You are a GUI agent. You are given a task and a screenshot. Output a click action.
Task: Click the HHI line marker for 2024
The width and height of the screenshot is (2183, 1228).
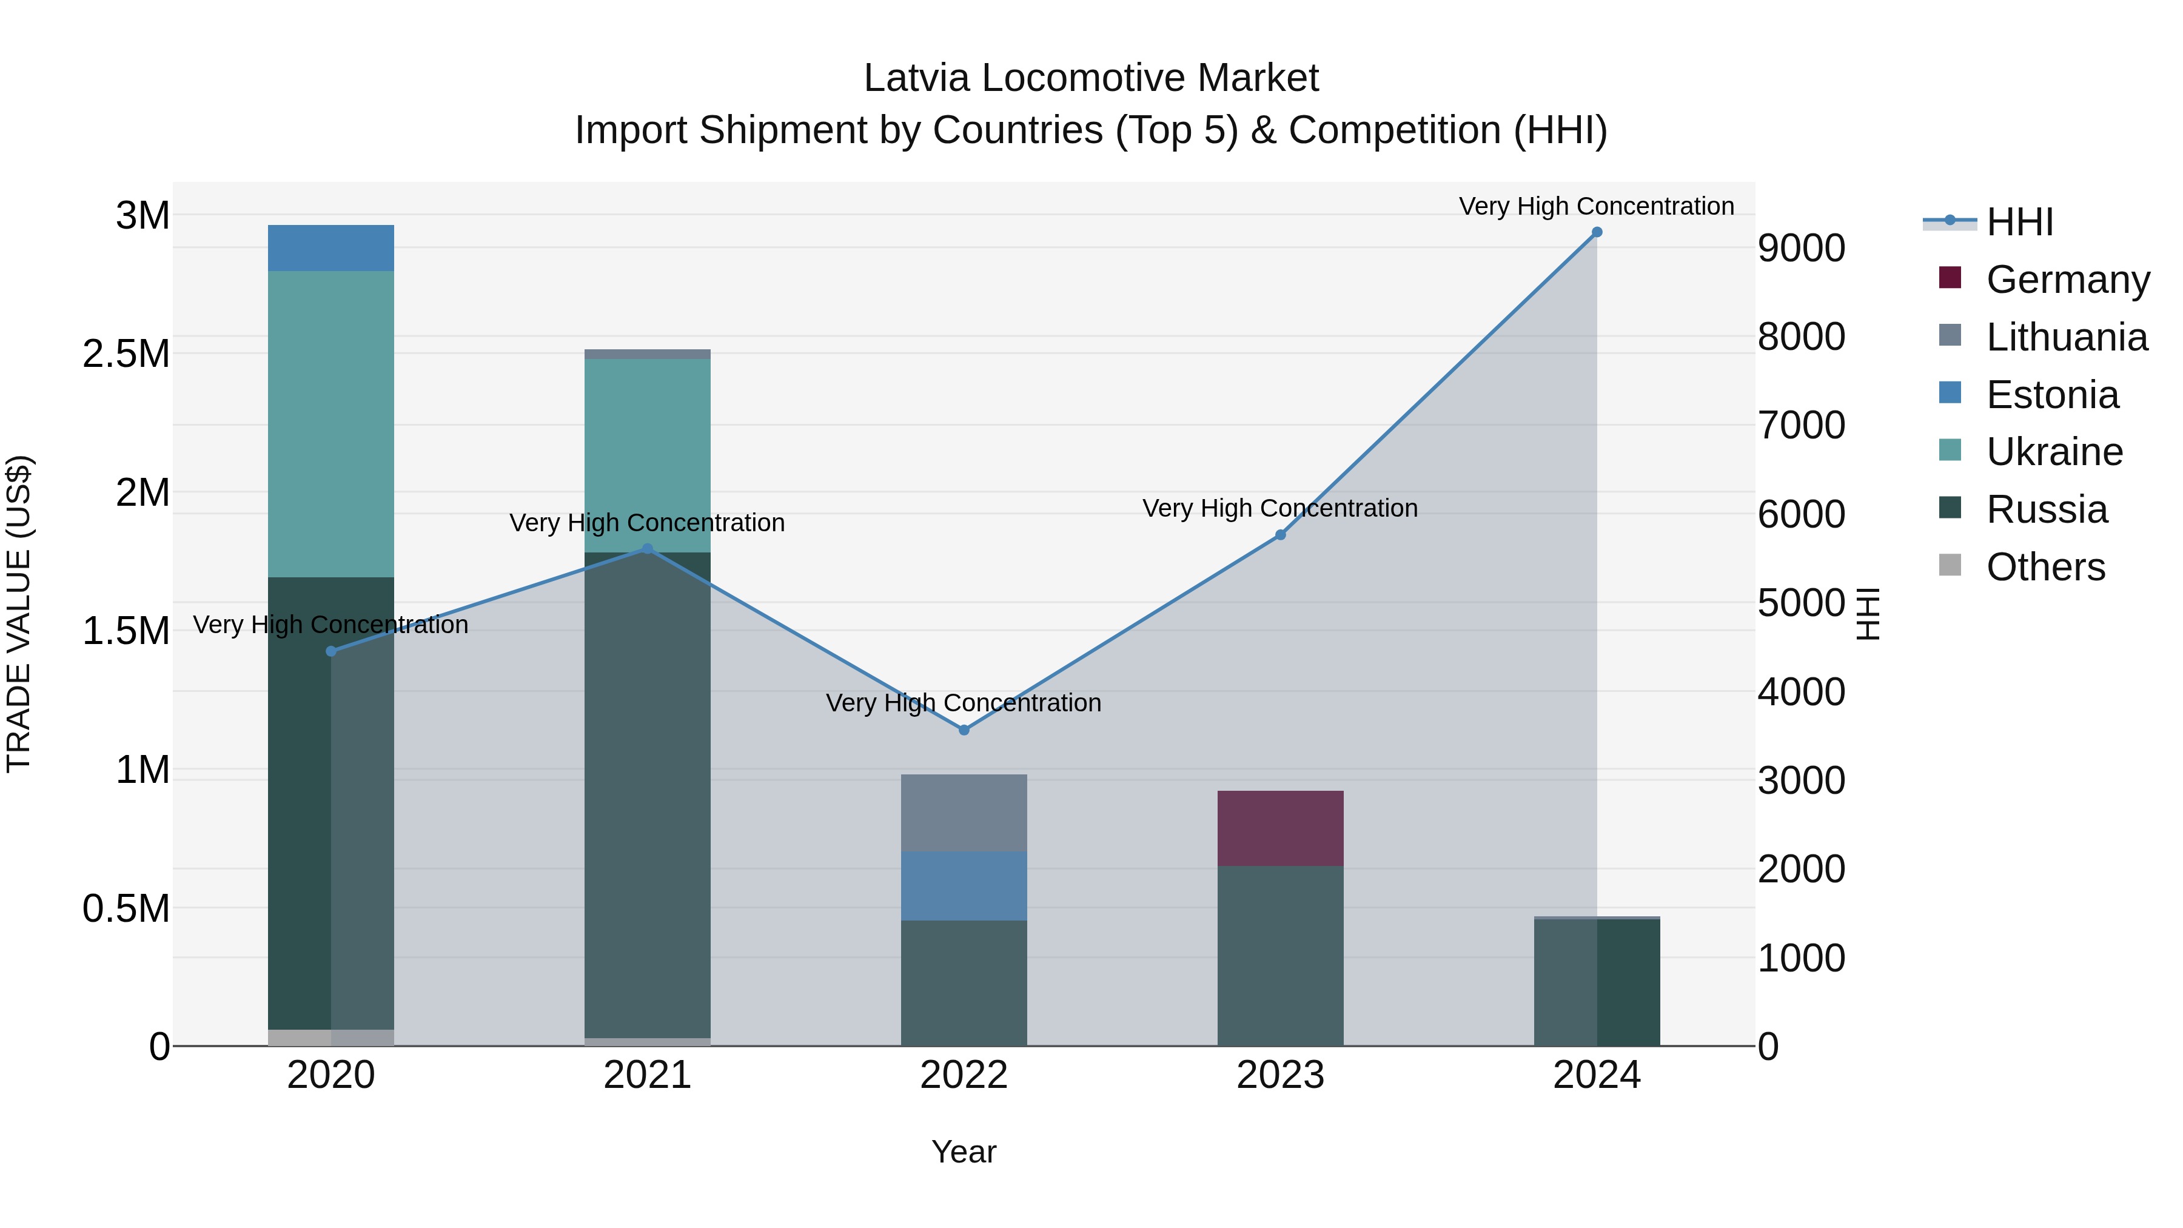pos(1597,232)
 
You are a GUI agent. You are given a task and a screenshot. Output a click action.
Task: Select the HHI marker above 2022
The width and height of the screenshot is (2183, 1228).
pos(964,730)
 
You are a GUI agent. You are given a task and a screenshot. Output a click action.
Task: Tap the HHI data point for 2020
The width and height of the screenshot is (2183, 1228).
pos(331,651)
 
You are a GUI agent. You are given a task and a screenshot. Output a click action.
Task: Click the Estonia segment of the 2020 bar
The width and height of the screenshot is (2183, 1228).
pos(331,248)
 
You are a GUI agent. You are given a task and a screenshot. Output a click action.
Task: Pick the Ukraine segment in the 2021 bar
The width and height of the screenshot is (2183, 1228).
pos(648,455)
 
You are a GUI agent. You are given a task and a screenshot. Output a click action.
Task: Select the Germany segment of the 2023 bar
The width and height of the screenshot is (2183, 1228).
pos(1281,828)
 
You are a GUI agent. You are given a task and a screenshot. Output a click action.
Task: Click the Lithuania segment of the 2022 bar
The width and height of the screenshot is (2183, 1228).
pos(964,813)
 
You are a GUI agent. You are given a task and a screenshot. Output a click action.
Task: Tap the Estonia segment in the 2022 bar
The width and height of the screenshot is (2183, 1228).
pos(964,885)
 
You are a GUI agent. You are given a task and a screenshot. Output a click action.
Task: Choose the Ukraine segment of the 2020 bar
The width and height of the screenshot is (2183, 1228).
pos(331,424)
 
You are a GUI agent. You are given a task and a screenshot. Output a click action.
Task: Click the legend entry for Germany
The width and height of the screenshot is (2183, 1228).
pos(2067,280)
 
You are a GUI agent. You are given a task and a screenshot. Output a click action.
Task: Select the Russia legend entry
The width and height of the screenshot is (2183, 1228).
pos(2046,509)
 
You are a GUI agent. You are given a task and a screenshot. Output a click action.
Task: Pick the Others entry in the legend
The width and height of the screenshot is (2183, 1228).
pos(2045,567)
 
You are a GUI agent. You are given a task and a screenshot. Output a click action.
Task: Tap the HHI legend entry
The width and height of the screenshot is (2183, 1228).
pos(2019,222)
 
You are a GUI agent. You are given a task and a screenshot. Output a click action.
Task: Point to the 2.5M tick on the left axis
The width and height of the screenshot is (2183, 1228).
pos(126,354)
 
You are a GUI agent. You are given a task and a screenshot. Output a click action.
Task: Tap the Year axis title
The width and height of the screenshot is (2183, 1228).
pos(964,1152)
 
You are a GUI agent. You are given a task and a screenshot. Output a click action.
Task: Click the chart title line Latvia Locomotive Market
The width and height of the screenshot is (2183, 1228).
pos(1091,78)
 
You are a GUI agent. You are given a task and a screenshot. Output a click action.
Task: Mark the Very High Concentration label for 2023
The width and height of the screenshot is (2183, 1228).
pos(1279,509)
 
